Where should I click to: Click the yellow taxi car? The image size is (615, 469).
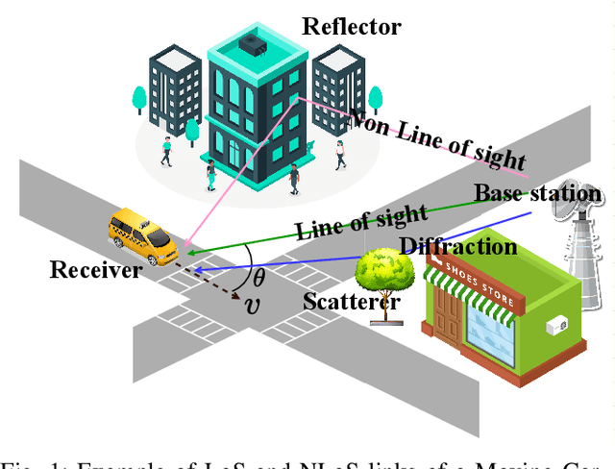point(140,235)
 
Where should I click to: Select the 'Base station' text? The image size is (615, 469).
point(538,193)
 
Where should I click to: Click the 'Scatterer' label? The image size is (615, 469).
point(351,301)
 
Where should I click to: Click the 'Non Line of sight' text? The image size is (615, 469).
point(437,139)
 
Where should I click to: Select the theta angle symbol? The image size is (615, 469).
point(258,278)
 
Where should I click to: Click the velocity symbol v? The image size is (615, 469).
point(253,306)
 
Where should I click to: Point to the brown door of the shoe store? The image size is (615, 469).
point(447,312)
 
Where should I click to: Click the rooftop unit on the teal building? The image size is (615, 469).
point(253,43)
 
